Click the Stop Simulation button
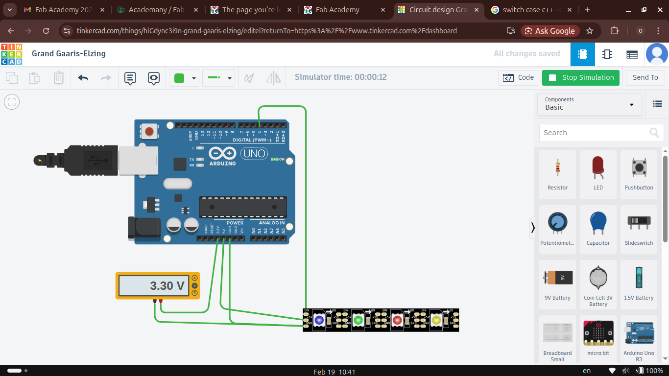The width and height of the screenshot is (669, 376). coord(581,78)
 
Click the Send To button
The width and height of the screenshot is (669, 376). coord(645,78)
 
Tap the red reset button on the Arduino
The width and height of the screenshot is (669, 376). coord(149,131)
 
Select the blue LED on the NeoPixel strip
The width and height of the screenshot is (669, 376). coord(319,320)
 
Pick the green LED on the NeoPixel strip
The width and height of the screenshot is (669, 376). coord(358,320)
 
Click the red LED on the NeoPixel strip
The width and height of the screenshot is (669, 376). coord(397,320)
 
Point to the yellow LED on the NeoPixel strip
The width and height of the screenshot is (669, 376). coord(436,320)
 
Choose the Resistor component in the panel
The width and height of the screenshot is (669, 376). coord(557,174)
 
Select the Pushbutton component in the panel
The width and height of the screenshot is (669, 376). coord(639,174)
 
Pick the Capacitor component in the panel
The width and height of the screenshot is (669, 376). coord(598,229)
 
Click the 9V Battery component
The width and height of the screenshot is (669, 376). coord(557,284)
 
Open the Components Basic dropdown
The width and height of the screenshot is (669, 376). coord(589,104)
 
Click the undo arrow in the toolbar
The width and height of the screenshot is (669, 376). coord(83,78)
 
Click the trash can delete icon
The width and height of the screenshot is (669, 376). coord(58,78)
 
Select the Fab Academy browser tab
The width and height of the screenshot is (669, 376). coord(337,10)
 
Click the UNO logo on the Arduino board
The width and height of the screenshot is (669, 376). coord(254,153)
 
